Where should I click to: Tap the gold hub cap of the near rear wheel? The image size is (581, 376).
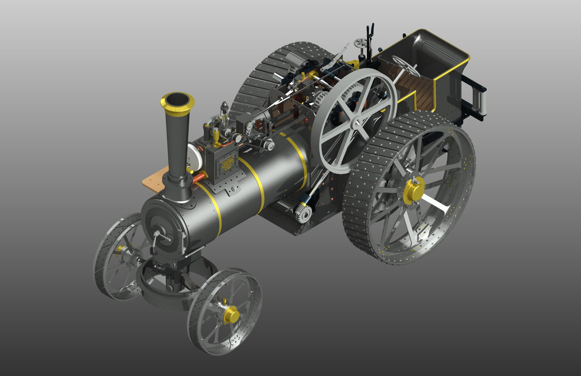[414, 190]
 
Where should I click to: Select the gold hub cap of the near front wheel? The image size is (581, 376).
[231, 314]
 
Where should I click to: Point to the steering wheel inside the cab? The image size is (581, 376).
[405, 65]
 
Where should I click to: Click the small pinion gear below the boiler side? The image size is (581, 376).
[303, 213]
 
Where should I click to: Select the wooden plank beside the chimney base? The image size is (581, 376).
[154, 180]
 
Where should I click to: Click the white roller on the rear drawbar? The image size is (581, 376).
[482, 99]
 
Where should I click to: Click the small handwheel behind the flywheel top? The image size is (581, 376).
[361, 43]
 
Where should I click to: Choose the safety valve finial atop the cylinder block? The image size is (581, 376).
[225, 108]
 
